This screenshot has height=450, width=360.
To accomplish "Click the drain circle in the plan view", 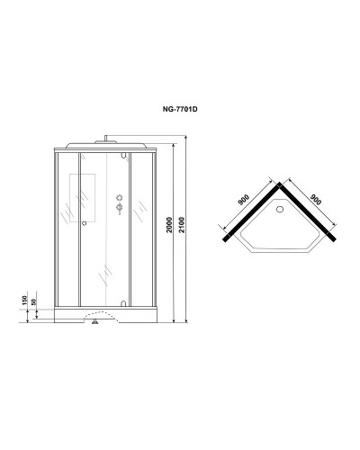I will (x=281, y=212).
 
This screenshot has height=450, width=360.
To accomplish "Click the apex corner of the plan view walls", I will (x=281, y=183).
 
